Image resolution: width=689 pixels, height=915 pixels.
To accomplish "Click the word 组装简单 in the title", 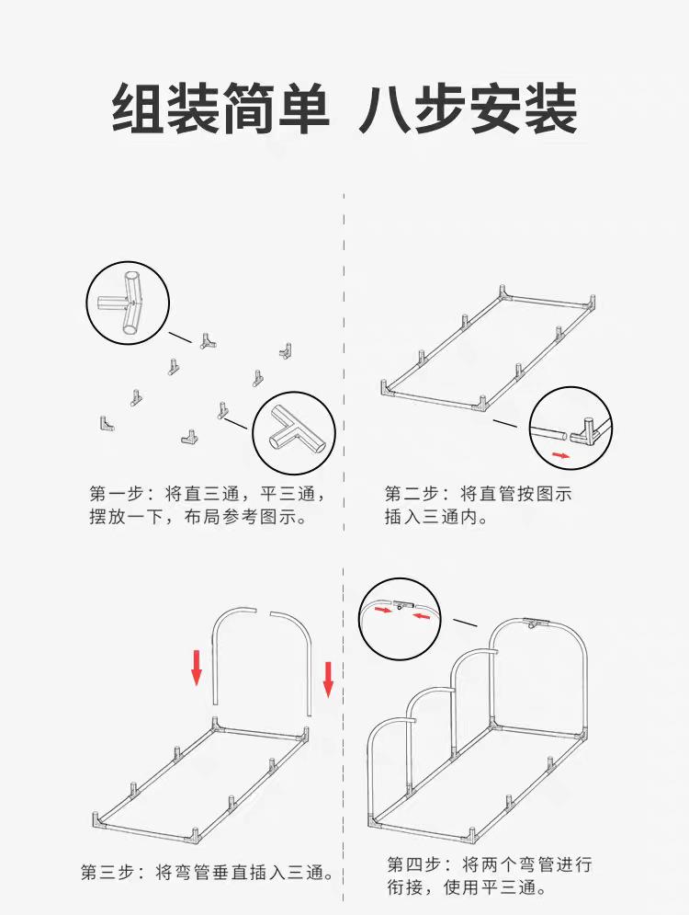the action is tap(220, 109).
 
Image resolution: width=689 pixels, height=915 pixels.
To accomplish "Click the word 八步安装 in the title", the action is tap(468, 109).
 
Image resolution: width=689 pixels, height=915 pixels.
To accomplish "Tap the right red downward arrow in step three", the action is tap(328, 678).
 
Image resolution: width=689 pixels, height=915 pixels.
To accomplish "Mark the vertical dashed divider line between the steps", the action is tap(343, 552).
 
